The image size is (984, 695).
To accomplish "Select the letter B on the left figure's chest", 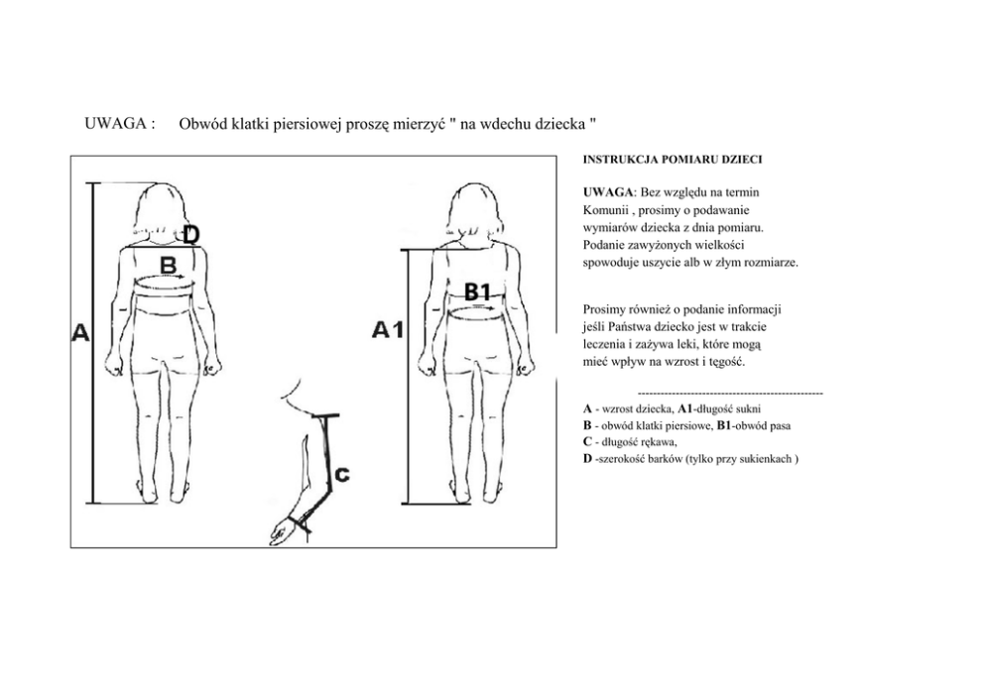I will tap(169, 265).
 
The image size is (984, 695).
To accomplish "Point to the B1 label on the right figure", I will tap(478, 291).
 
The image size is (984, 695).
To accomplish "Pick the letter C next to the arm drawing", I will tap(340, 475).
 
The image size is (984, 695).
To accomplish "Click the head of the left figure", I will tap(159, 209).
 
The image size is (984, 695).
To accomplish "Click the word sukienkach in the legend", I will tap(764, 459).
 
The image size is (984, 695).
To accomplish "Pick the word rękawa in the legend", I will tap(669, 442).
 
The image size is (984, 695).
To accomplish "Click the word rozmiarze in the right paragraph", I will tap(769, 263).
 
